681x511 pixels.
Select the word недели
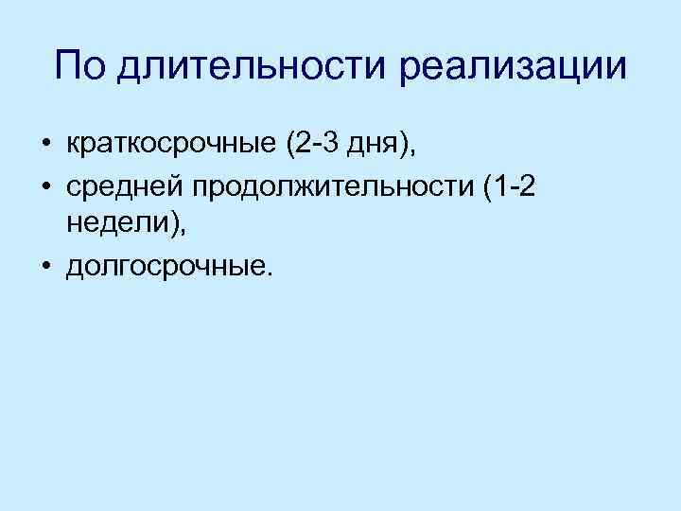point(110,226)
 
